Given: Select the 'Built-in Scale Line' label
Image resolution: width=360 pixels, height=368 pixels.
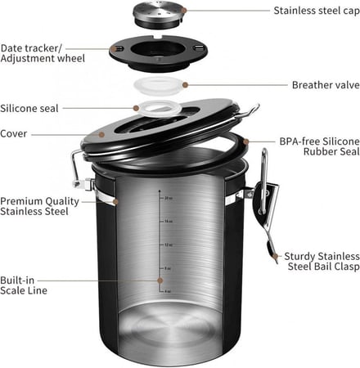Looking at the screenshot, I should [25, 284].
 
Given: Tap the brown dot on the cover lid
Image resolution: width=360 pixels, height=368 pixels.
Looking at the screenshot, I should [104, 133].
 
